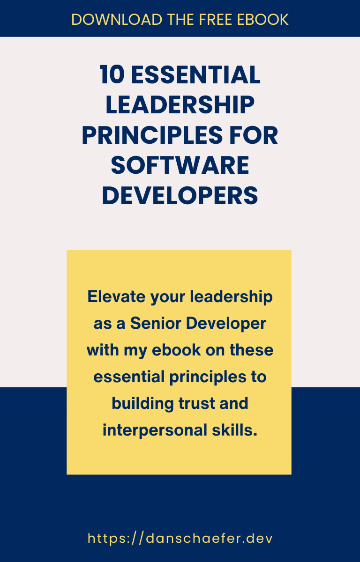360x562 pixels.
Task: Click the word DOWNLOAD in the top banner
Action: point(117,19)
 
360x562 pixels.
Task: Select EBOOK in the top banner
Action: point(263,19)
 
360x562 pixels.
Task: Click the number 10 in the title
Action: point(112,74)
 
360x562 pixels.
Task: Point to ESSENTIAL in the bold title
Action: point(196,74)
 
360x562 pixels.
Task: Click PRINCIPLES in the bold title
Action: point(152,135)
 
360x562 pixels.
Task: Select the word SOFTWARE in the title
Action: point(180,165)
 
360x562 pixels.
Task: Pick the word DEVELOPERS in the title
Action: point(180,195)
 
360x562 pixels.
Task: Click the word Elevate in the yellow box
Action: point(117,296)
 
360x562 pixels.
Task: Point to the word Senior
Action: point(156,323)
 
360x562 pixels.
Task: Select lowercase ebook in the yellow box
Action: point(176,350)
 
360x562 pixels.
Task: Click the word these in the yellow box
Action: point(252,350)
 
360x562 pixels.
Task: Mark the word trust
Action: point(196,403)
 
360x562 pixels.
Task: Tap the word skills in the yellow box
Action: point(235,430)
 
